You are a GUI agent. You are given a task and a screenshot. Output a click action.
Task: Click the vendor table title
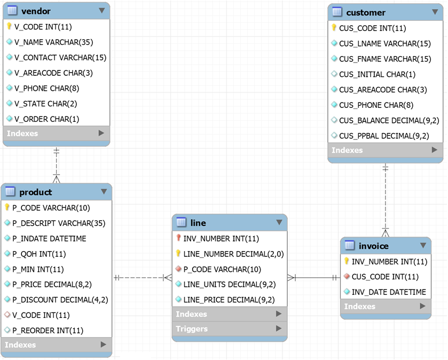tap(36, 11)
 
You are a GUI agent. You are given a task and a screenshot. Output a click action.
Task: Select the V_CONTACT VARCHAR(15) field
tap(60, 57)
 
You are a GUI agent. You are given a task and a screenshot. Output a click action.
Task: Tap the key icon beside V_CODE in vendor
tap(10, 26)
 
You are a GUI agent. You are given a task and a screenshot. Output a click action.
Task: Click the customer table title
tap(365, 12)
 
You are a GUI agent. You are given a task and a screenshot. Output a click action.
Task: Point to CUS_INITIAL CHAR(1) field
tap(377, 74)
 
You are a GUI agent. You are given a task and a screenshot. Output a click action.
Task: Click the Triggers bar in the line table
tap(192, 328)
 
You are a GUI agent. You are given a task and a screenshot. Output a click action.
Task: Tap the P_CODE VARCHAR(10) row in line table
tap(222, 269)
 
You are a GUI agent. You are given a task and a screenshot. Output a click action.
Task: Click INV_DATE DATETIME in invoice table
tap(389, 292)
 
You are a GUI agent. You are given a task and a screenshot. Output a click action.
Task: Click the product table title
tap(36, 192)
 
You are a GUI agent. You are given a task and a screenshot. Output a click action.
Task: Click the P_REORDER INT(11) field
tap(48, 330)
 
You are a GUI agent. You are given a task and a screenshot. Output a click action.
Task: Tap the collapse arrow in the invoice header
tap(423, 246)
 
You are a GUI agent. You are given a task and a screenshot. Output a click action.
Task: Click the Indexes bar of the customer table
tap(347, 150)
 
